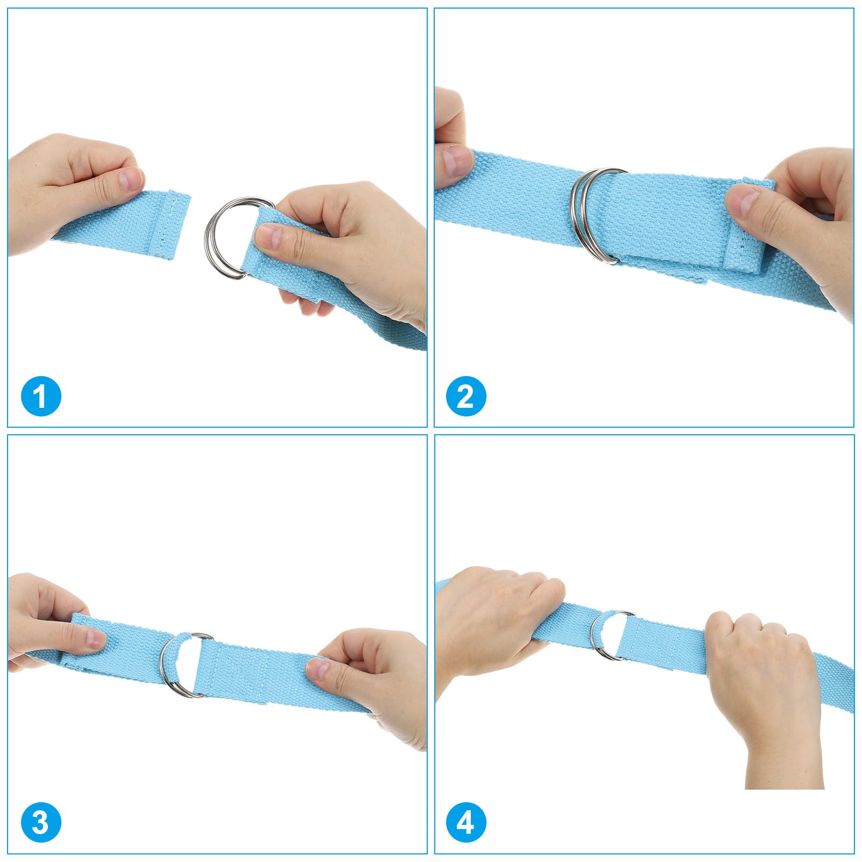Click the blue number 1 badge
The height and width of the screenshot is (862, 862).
point(41,396)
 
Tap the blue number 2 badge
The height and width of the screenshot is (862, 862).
point(466,396)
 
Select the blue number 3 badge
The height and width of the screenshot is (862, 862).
point(41,823)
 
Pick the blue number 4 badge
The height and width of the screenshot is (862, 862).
point(466,823)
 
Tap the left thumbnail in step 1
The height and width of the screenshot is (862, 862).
point(131,179)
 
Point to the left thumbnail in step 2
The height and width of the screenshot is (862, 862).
point(456,160)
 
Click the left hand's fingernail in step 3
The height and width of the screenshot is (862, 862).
point(96,639)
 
